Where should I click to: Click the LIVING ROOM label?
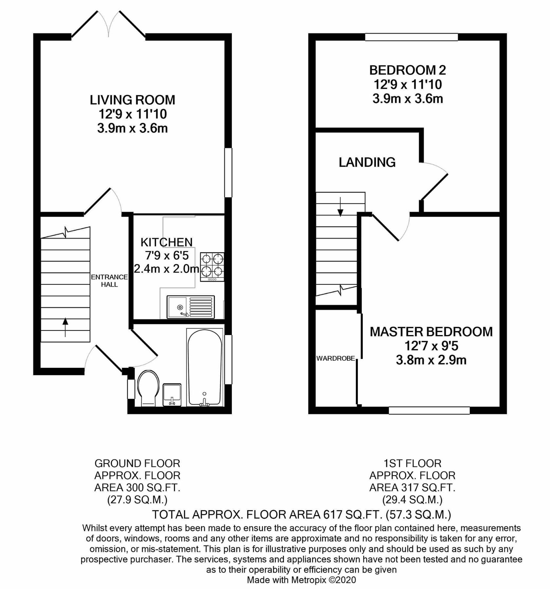(132, 100)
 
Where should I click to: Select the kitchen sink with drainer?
(191, 307)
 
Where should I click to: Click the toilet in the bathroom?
(148, 388)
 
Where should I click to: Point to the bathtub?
(205, 367)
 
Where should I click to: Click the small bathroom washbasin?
(172, 394)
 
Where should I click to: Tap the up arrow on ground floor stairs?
(65, 327)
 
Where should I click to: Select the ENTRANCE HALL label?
(109, 281)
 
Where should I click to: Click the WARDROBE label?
(336, 359)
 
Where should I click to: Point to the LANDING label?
(367, 162)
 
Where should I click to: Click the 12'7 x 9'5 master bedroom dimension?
(431, 346)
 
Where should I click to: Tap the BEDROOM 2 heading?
(408, 70)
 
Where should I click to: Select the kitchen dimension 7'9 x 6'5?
(167, 256)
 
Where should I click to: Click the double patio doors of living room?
(108, 25)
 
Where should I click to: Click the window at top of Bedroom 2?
(411, 37)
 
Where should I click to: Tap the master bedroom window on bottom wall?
(429, 410)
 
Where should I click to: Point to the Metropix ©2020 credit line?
(301, 580)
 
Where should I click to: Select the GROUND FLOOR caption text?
(137, 463)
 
